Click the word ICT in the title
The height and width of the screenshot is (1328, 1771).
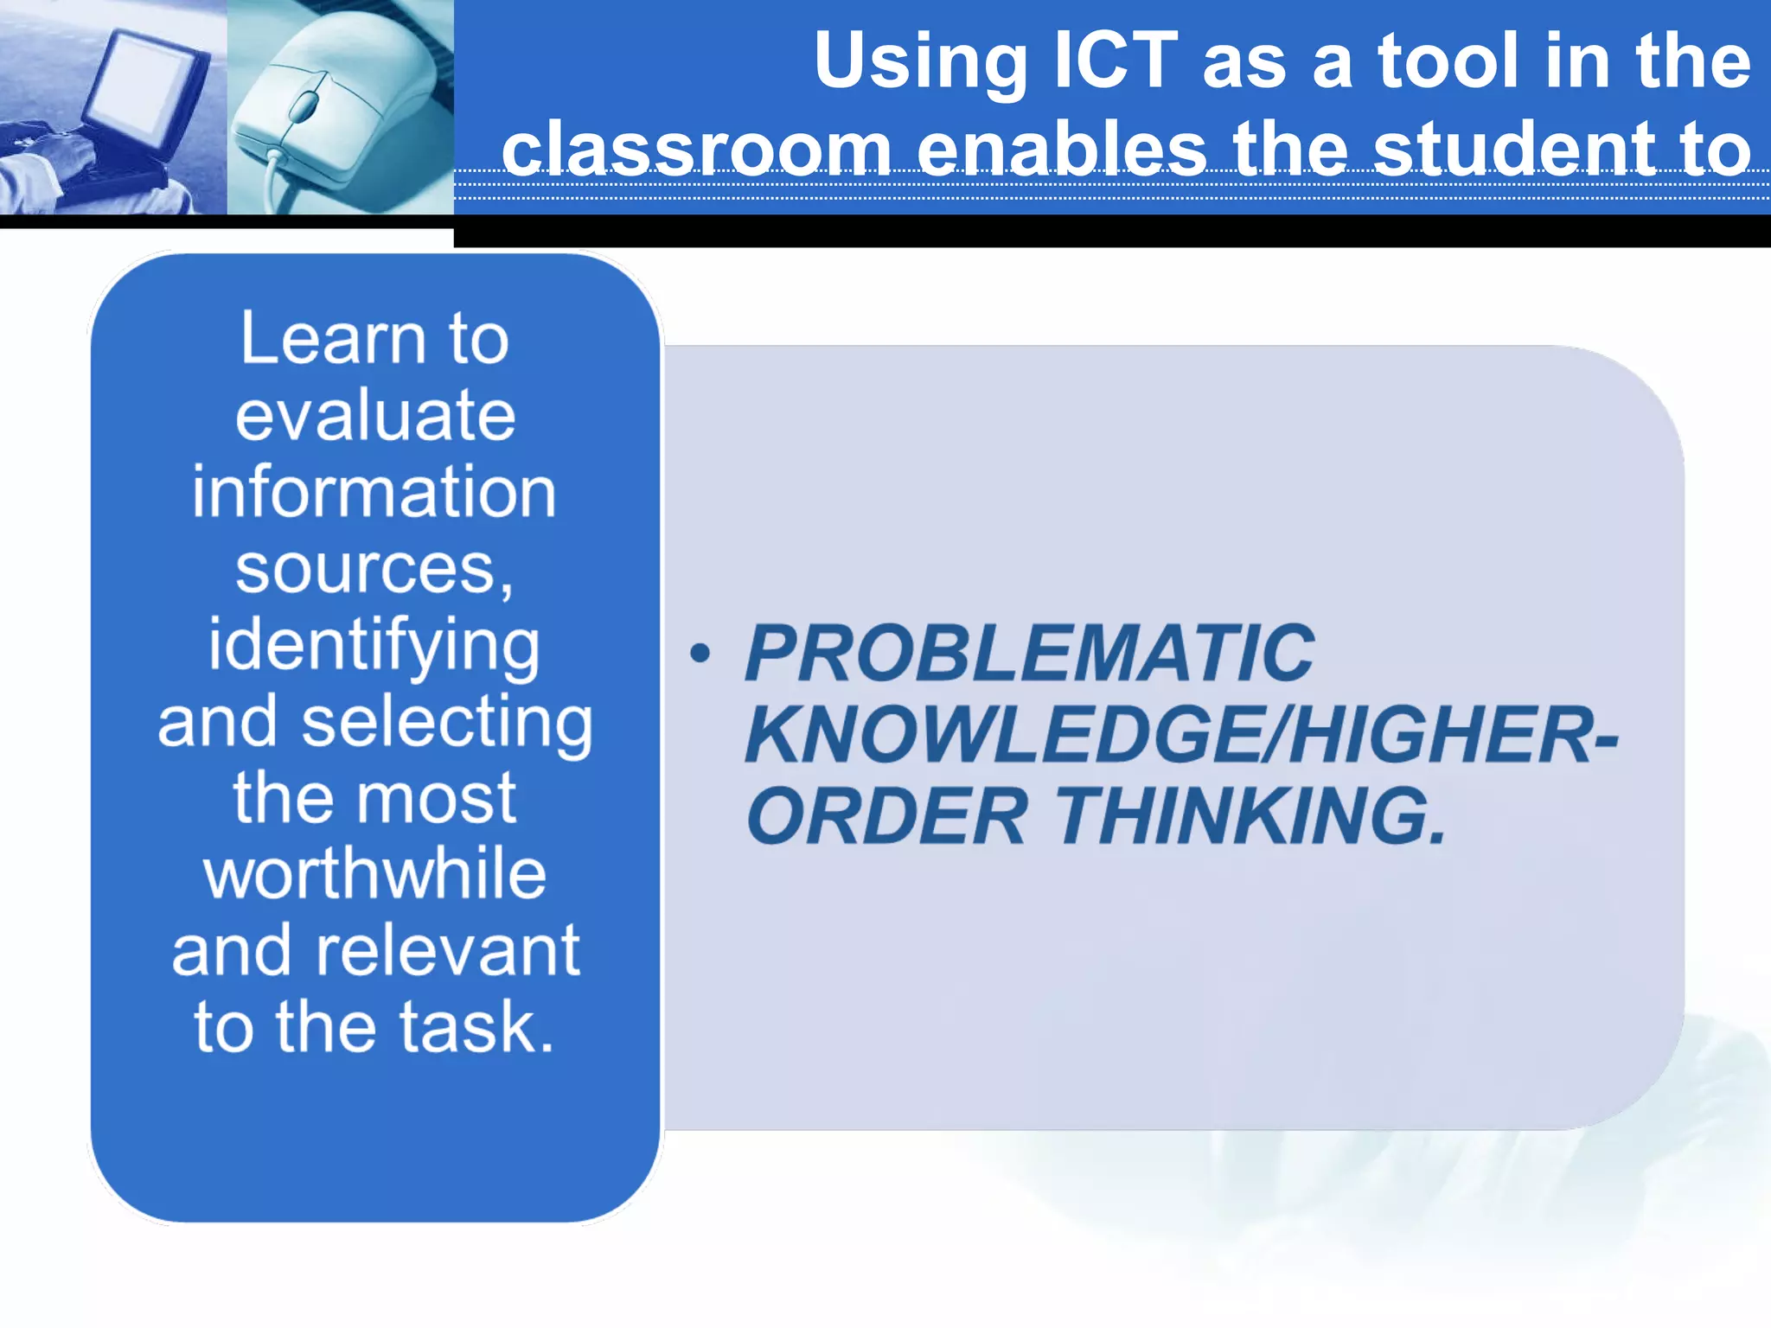pyautogui.click(x=1116, y=61)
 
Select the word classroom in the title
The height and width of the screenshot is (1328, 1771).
pyautogui.click(x=697, y=149)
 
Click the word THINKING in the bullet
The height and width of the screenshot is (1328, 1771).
pyautogui.click(x=1250, y=816)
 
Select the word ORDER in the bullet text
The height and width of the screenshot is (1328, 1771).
pyautogui.click(x=887, y=816)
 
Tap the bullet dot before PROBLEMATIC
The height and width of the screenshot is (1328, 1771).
pyautogui.click(x=700, y=654)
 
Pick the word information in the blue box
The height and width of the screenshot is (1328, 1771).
pyautogui.click(x=374, y=492)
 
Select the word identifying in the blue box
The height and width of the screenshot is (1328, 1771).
pyautogui.click(x=374, y=647)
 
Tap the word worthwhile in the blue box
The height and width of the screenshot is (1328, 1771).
pyautogui.click(x=374, y=874)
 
